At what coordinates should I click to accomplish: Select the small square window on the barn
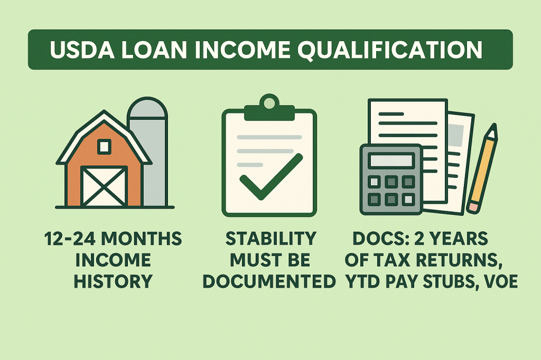(x=104, y=146)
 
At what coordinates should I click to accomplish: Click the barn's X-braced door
(x=104, y=186)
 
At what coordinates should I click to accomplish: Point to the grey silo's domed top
(x=147, y=108)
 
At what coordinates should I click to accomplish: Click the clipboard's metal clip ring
(x=269, y=101)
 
